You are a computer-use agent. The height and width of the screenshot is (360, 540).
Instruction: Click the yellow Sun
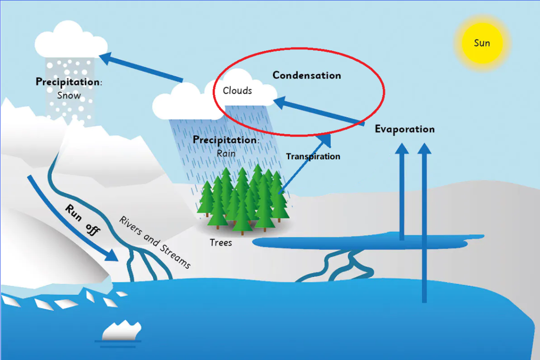(481, 43)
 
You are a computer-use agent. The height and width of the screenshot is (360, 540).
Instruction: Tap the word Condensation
(306, 75)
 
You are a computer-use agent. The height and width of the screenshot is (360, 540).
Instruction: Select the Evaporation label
(404, 129)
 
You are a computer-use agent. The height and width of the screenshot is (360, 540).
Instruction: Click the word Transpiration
(313, 156)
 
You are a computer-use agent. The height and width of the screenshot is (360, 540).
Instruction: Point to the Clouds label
(237, 90)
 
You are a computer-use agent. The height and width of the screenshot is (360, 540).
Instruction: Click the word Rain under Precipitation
(226, 153)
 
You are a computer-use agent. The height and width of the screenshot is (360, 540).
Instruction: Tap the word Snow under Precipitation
(69, 95)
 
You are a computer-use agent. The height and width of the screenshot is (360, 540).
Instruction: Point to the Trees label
(221, 243)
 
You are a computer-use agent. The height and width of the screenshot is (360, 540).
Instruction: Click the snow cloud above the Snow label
(71, 40)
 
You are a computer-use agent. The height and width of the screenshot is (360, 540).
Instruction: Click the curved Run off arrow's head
(111, 255)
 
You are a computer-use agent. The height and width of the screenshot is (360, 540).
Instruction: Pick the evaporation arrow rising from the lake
(402, 190)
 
